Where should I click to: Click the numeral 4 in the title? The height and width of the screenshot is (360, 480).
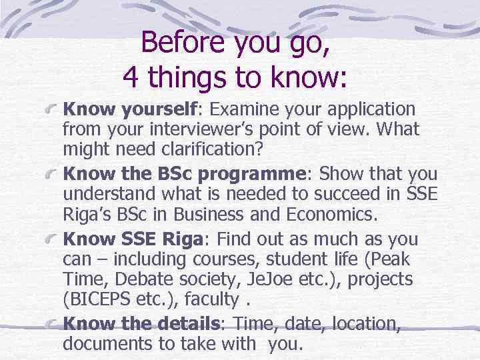(x=131, y=78)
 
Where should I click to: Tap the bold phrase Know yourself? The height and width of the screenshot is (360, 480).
(x=130, y=109)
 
